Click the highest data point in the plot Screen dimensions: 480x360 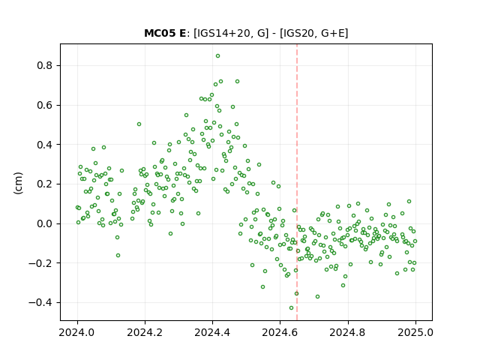pos(217,56)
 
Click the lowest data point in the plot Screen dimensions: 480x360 pos(291,307)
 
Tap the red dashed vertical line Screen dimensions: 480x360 pos(297,182)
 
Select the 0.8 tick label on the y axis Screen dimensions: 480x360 pos(44,65)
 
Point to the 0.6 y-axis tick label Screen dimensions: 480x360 pos(44,105)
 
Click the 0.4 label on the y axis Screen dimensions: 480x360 pos(44,145)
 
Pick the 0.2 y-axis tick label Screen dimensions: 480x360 pos(44,184)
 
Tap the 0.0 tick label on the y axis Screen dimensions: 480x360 pos(44,223)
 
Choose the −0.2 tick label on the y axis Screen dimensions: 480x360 pos(40,263)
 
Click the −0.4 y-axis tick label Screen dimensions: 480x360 pos(40,302)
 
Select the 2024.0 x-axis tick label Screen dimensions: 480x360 pos(77,332)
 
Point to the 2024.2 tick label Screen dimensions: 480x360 pos(145,332)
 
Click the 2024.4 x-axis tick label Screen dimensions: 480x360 pos(212,332)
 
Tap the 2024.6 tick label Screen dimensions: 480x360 pos(280,332)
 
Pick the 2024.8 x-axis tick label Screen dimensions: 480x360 pos(348,332)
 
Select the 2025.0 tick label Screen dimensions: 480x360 pos(415,332)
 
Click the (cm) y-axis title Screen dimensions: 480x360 pos(18,183)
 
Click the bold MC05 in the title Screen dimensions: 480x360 pos(157,33)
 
